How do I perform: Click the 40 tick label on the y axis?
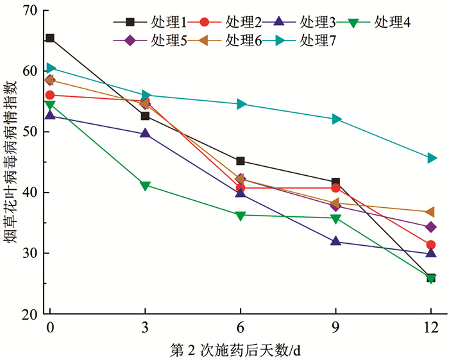click(x=28, y=193)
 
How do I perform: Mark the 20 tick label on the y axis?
click(x=28, y=314)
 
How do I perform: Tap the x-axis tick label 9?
click(x=335, y=327)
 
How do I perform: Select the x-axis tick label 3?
click(x=146, y=327)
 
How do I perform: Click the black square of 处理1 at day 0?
click(x=50, y=38)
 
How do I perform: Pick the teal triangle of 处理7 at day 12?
click(x=431, y=158)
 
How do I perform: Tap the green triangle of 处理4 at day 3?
click(x=146, y=185)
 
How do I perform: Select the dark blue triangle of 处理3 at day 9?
click(x=335, y=241)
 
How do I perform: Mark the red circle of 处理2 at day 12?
click(x=431, y=244)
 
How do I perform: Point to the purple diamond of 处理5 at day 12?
click(x=431, y=227)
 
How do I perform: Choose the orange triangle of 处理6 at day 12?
click(x=431, y=212)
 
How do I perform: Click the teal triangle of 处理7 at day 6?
click(x=241, y=104)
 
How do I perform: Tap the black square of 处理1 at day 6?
click(x=241, y=161)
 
